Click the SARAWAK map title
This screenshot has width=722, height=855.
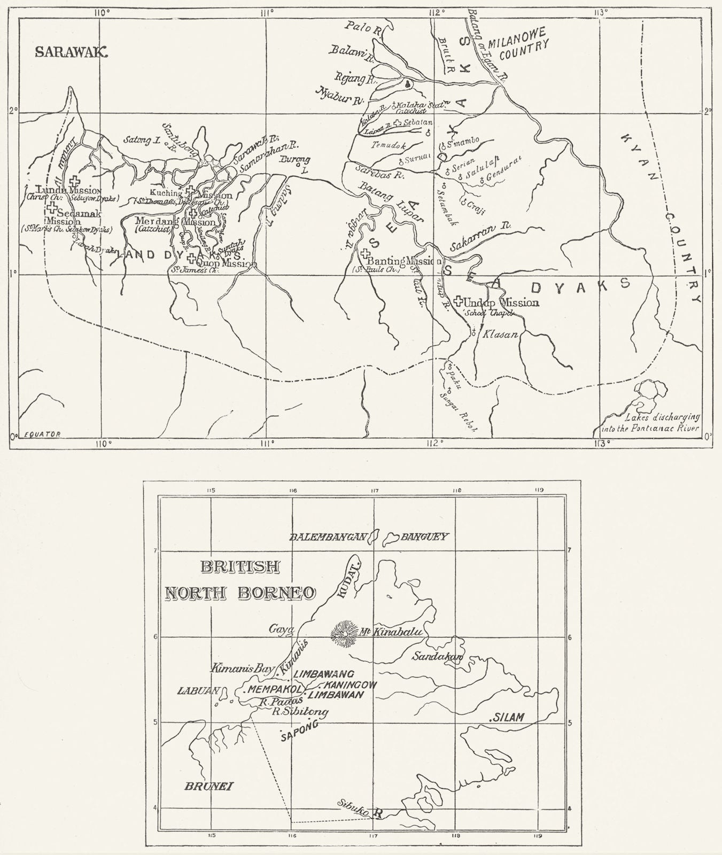point(72,51)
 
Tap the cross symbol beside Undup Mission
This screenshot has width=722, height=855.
point(457,302)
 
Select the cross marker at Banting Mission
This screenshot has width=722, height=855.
point(363,253)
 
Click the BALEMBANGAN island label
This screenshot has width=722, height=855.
point(329,537)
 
